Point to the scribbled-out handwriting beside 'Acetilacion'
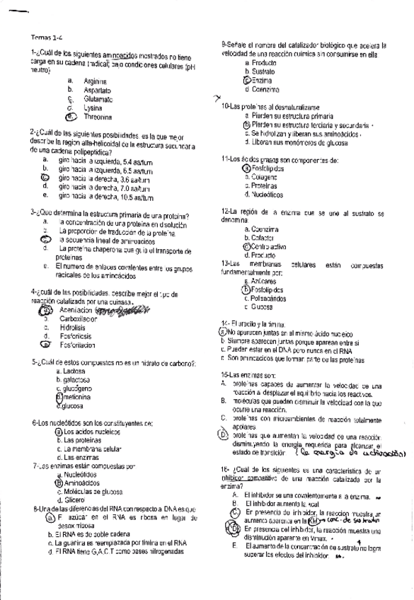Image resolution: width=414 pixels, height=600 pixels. click(120, 309)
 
